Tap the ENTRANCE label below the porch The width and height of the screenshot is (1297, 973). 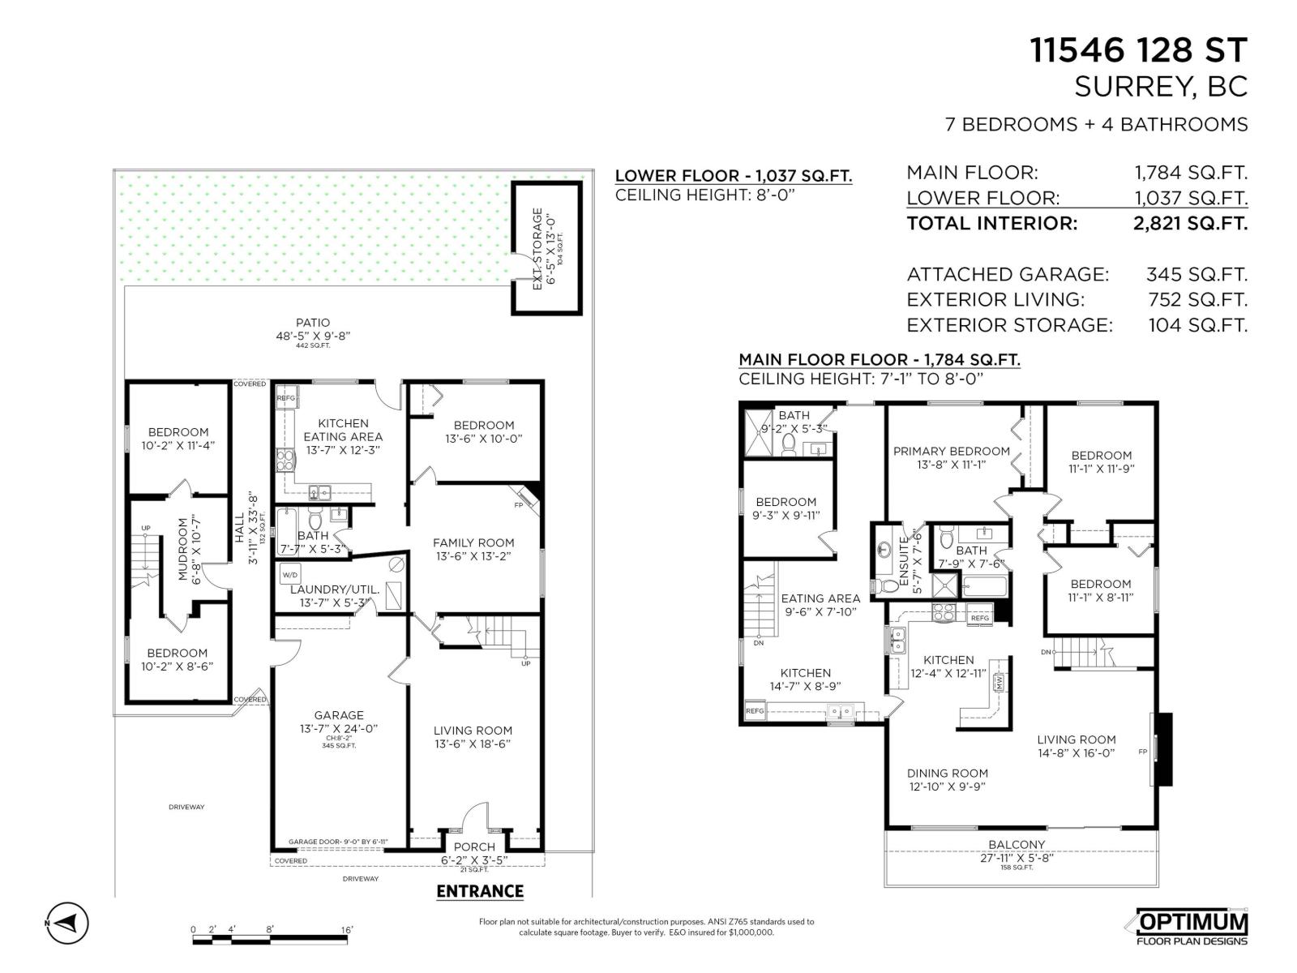(480, 891)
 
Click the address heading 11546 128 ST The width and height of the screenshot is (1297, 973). (1138, 50)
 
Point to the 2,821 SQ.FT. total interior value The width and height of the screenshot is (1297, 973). (1190, 224)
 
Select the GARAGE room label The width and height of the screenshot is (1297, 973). (339, 715)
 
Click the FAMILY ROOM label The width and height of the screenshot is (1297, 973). (473, 543)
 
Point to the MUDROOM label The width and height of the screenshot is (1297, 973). (182, 550)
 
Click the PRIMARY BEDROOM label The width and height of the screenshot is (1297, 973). (952, 452)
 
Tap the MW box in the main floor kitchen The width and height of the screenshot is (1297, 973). (1000, 682)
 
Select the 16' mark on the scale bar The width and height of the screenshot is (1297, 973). (346, 930)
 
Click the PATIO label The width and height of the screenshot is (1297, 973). (313, 323)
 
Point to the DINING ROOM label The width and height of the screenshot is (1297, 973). (947, 774)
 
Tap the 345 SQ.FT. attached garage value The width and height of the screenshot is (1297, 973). (1196, 275)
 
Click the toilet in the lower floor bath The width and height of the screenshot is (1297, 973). (315, 519)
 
